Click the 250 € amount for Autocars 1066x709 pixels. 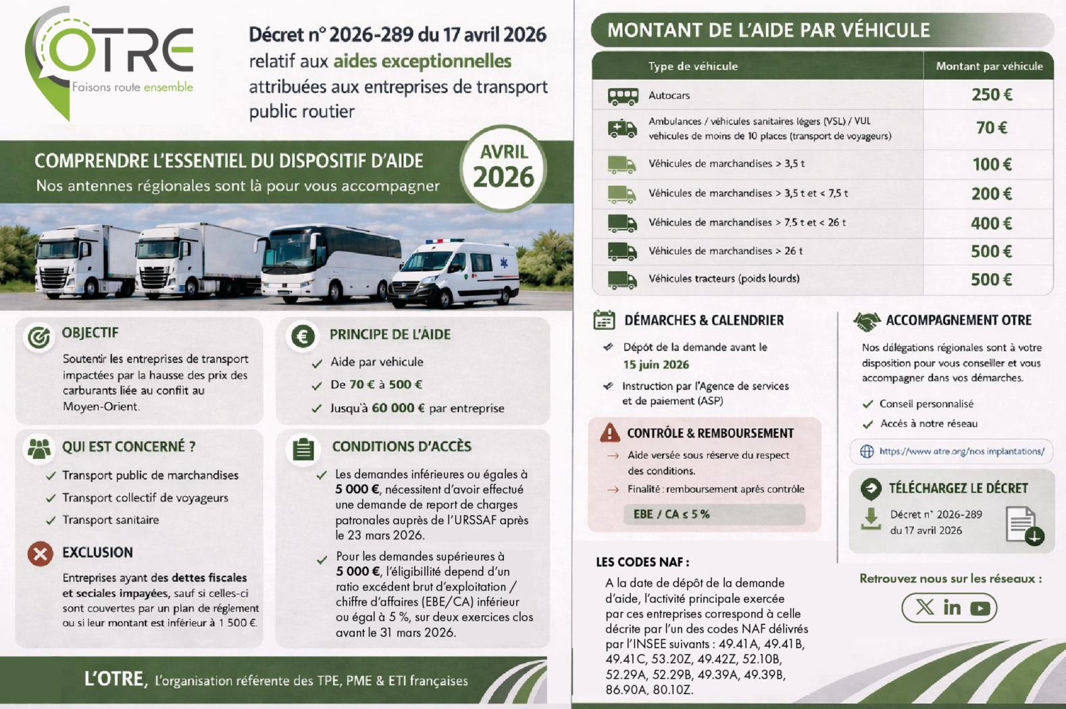click(x=992, y=95)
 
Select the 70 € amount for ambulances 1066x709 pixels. click(x=992, y=128)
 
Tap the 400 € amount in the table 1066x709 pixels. click(x=991, y=223)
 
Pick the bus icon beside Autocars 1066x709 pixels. click(x=622, y=96)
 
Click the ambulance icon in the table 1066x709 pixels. click(x=622, y=128)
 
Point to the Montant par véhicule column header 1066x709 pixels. click(x=989, y=66)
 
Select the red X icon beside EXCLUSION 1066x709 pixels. click(x=41, y=554)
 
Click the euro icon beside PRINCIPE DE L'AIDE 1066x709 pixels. click(x=303, y=336)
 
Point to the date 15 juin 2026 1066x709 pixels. click(x=655, y=365)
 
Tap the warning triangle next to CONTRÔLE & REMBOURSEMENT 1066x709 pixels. click(x=609, y=433)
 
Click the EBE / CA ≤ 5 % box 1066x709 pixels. click(x=713, y=514)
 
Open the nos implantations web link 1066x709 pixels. click(x=961, y=451)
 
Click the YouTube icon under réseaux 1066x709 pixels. click(x=980, y=608)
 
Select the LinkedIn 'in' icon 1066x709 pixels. click(x=952, y=608)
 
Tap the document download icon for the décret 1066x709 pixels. click(x=1023, y=525)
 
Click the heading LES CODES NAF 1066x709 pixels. click(x=642, y=562)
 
